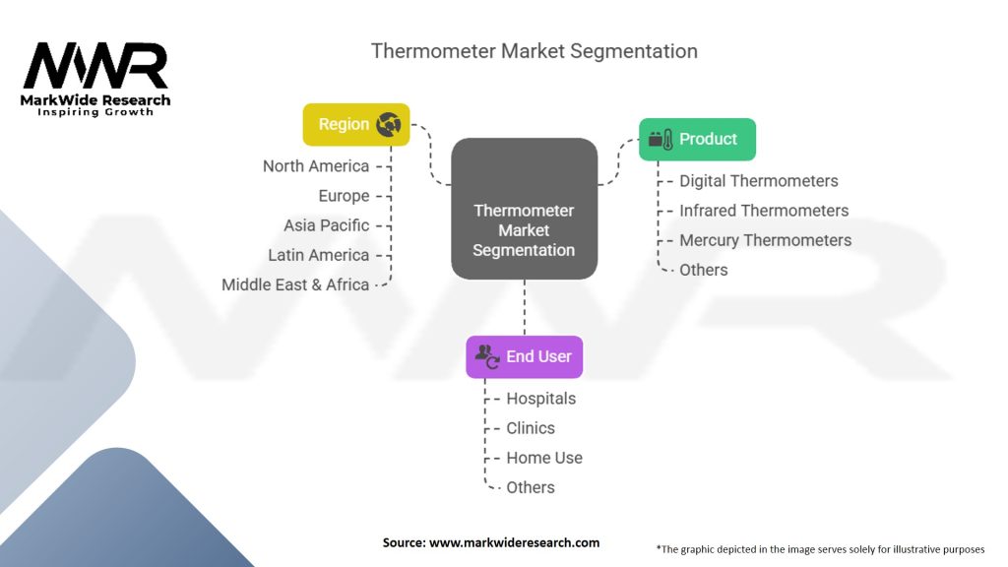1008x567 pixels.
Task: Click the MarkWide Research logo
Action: click(95, 79)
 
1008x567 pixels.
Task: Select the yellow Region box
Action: click(356, 124)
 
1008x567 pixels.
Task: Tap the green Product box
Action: click(698, 139)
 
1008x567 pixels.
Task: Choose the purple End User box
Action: click(525, 356)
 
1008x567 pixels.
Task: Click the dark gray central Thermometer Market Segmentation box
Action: click(525, 209)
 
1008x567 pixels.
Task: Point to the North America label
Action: click(316, 165)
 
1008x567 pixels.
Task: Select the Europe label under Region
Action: click(344, 196)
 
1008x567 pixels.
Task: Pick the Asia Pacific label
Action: click(327, 225)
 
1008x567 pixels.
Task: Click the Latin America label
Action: click(318, 255)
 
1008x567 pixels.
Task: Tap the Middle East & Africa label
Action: click(295, 284)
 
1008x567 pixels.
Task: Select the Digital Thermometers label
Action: click(759, 181)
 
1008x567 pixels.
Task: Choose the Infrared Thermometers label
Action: click(764, 211)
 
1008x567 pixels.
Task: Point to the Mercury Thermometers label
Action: click(765, 240)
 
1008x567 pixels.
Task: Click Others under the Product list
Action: click(703, 270)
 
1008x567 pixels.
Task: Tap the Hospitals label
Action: click(540, 399)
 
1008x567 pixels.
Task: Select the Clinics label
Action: click(531, 428)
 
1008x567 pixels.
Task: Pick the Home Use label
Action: click(543, 458)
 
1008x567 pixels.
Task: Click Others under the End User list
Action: click(531, 487)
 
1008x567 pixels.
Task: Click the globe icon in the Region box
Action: click(388, 124)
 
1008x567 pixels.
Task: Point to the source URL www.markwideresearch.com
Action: click(514, 542)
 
